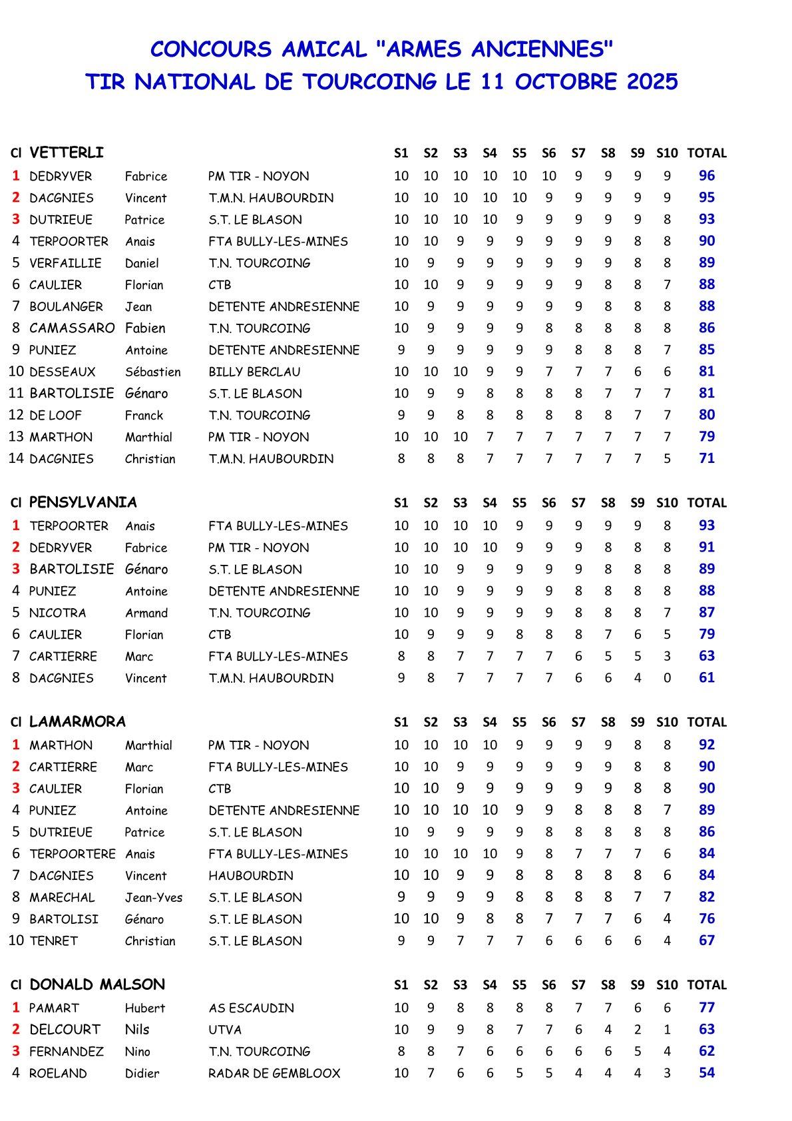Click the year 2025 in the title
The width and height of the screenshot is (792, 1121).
point(652,82)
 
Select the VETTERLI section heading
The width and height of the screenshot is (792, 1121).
point(67,153)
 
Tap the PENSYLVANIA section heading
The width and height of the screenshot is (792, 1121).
point(83,503)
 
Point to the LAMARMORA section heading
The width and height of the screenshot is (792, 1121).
point(77,722)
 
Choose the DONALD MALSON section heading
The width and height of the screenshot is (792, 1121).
point(97,985)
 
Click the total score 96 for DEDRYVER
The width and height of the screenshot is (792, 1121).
point(707,176)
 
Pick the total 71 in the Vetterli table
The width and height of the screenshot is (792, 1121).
point(707,458)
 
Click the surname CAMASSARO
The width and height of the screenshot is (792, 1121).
point(72,328)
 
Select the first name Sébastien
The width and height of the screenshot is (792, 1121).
point(152,372)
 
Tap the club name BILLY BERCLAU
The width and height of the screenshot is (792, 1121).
point(254,372)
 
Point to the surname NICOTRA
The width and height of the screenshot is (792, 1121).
point(58,613)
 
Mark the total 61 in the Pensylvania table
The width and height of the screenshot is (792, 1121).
point(707,677)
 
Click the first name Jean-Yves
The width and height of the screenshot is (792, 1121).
point(154,897)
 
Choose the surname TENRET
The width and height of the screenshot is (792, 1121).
point(54,941)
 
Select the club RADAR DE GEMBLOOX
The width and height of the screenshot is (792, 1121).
point(274,1073)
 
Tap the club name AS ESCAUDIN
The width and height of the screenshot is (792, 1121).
point(251,1008)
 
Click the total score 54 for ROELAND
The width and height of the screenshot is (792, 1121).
point(707,1072)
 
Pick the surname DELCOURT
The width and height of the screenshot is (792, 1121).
point(65,1030)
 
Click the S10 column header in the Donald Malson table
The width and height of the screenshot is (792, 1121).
point(667,985)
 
